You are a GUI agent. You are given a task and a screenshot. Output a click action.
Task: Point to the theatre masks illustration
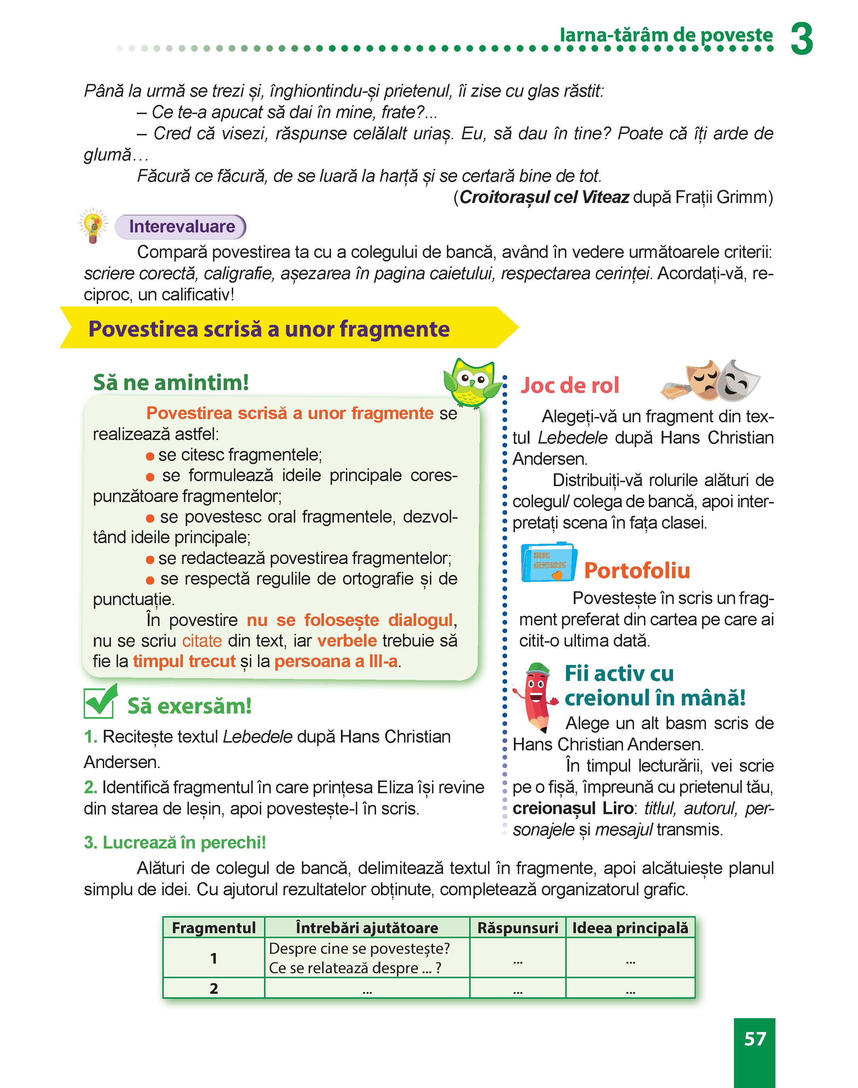tap(711, 380)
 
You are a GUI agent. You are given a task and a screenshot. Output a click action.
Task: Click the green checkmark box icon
tap(100, 702)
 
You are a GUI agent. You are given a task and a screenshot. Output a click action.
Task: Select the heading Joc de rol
tap(570, 385)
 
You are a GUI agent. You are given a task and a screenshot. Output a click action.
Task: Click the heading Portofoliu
tap(637, 571)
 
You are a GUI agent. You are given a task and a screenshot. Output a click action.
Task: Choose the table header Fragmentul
tap(214, 928)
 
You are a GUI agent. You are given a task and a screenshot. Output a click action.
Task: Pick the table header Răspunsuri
tap(517, 928)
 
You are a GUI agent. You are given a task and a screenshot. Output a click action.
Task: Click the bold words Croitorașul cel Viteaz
tap(544, 197)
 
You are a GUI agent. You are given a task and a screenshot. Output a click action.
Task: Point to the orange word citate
tap(202, 641)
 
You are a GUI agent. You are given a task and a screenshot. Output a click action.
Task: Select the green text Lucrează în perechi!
tap(175, 842)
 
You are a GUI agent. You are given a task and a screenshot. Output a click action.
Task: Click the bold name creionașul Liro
tap(573, 808)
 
